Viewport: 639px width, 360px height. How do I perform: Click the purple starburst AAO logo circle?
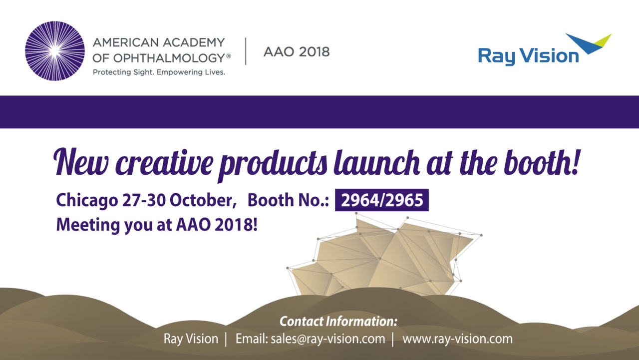pos(55,51)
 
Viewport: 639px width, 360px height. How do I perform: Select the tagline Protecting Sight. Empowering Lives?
pos(159,72)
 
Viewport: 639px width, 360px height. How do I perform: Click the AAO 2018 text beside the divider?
pos(297,52)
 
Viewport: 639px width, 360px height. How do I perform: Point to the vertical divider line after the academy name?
pos(246,51)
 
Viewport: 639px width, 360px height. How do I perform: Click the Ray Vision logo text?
pos(528,56)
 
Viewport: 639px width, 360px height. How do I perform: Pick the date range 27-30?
pos(144,200)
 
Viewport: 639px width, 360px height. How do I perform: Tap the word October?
pos(203,200)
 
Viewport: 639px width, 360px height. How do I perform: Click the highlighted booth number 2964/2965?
pos(382,200)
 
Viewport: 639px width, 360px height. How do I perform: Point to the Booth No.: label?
pos(288,200)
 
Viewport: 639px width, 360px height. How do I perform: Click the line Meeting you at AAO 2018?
pos(157,225)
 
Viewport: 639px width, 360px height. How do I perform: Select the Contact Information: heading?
pos(338,321)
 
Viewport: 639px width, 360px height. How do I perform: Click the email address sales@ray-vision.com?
pos(328,339)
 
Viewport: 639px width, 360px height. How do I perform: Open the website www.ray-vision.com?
pos(457,339)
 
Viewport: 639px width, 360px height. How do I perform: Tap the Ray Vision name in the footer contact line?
pos(191,339)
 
